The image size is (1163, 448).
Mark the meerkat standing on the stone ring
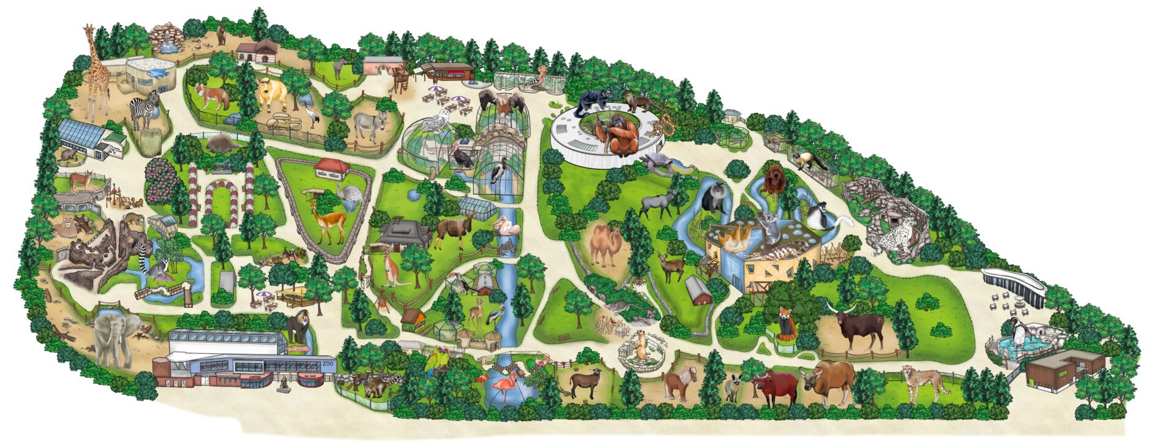tap(640, 351)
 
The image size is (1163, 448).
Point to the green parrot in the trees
tap(436, 360)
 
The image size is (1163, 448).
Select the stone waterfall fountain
tap(166, 37)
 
